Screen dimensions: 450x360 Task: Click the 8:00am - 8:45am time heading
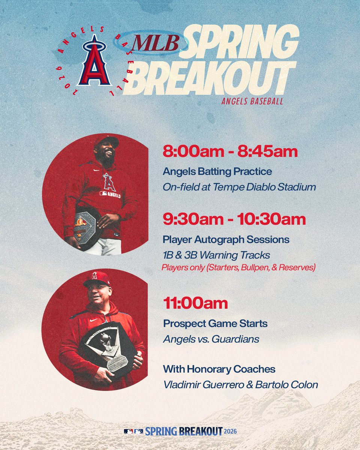tap(230, 152)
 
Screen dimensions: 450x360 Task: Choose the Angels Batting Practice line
tap(217, 172)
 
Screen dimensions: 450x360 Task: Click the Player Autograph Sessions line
tap(226, 240)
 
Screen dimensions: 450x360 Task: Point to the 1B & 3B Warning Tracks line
tap(216, 255)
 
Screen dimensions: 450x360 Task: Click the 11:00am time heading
tap(195, 303)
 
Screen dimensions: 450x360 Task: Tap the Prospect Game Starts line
tap(215, 323)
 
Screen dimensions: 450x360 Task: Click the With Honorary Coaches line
tap(219, 369)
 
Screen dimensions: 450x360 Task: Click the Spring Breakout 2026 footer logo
tap(180, 431)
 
